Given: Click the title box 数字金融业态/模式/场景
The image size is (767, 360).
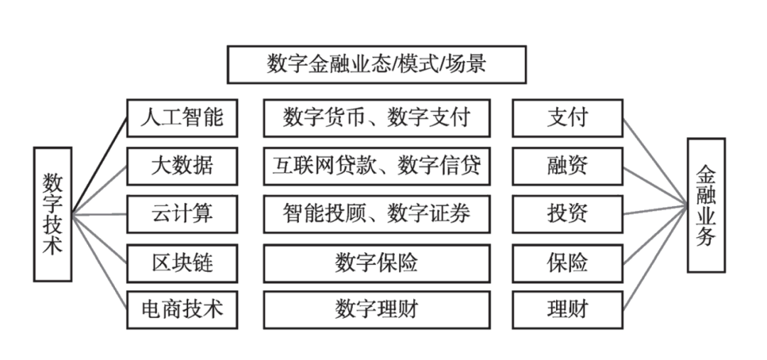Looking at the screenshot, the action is coord(376,65).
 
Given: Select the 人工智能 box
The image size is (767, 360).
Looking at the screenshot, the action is coord(182,118).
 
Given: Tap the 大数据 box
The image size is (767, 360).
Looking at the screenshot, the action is coord(182,166).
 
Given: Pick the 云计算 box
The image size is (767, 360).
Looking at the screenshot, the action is coord(182,214).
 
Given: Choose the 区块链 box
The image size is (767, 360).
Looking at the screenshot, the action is coord(182,263).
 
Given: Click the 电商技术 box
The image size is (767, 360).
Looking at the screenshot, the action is coord(182,310).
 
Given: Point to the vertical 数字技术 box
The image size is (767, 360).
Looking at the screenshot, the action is coord(53,214).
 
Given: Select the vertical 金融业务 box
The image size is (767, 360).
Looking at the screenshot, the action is coord(706,205).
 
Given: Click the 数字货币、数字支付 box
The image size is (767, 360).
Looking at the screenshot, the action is coord(376,118).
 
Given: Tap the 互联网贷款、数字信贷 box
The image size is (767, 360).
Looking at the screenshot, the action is coord(376,166).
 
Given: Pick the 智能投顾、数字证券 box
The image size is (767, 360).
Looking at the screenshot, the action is coord(376,214).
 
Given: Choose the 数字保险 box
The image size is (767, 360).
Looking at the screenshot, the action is coord(376,263).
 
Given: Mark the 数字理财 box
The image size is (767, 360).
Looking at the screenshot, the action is coord(376,310).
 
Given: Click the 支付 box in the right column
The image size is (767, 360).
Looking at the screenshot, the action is coord(567,118).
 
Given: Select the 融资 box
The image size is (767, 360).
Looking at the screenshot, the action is coord(567,166).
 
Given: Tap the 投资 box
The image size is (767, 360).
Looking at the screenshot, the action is coord(567,214).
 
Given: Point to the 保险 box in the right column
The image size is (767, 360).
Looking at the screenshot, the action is coord(567,263).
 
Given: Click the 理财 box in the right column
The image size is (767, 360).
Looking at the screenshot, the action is coord(567,310).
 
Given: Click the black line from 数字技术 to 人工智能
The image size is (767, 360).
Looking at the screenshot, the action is coord(99,166).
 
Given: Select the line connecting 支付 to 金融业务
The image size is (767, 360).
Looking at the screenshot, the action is coord(656,163).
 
